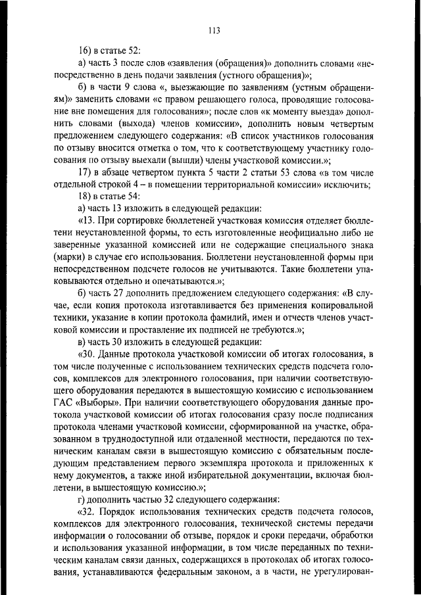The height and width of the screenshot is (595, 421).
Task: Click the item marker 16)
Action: [86, 51]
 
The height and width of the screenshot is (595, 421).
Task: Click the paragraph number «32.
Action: [87, 510]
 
